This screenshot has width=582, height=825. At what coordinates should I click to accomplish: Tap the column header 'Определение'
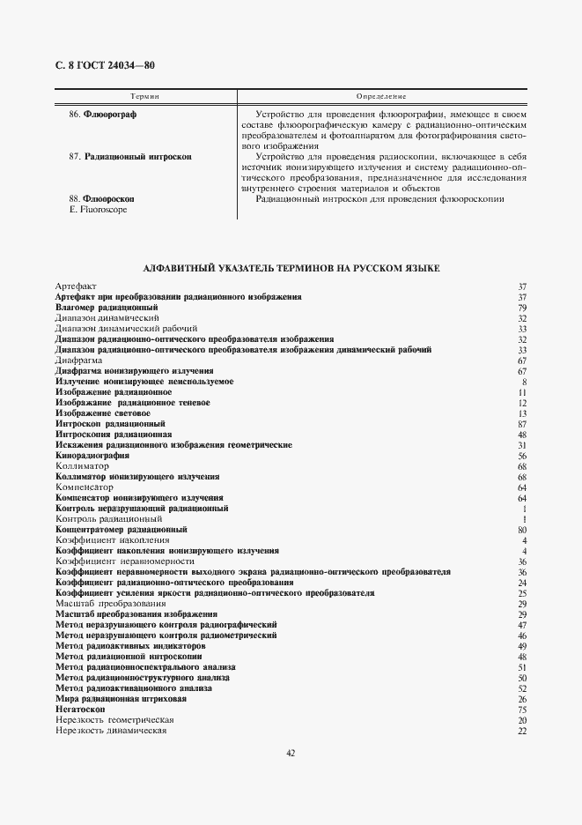tap(380, 95)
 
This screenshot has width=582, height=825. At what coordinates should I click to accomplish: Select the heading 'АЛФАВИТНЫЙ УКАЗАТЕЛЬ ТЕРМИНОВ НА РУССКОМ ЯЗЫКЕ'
tap(291, 267)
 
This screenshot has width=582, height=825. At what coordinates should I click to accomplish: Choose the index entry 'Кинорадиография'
tap(92, 456)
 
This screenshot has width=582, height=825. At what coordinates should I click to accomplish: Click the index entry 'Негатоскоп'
tap(80, 710)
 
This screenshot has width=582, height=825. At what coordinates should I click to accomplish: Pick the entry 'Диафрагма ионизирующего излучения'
tap(134, 371)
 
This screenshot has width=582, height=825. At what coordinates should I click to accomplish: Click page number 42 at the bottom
tap(291, 752)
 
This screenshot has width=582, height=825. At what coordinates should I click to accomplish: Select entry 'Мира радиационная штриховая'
tap(121, 699)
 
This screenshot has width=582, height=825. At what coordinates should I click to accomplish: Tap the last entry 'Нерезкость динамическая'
tap(111, 731)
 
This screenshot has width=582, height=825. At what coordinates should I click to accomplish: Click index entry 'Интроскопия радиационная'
tap(113, 435)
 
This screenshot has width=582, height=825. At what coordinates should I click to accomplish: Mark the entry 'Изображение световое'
tap(102, 413)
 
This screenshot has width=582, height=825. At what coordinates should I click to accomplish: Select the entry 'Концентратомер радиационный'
tap(121, 530)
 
